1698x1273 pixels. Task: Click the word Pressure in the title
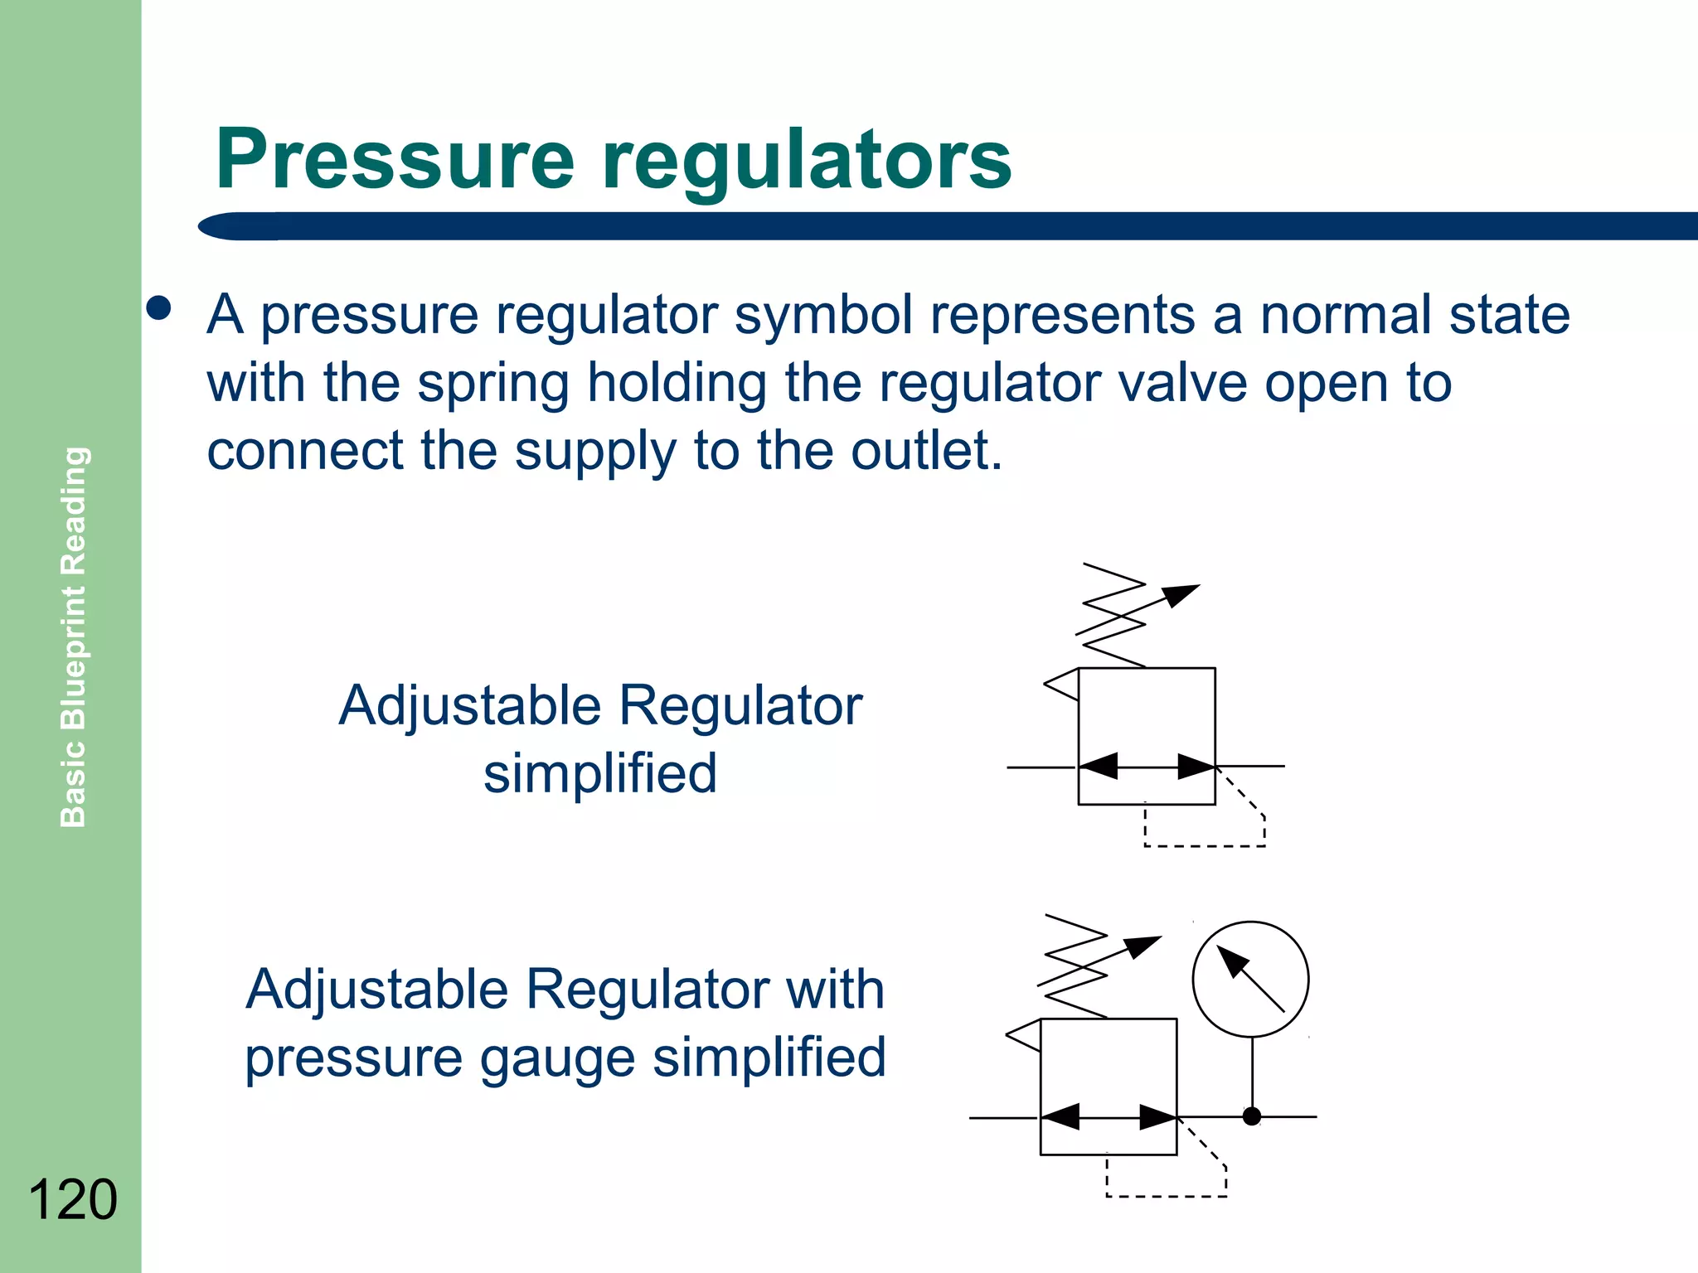coord(394,159)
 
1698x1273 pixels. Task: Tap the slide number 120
coord(73,1199)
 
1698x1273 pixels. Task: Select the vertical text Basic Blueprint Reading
coord(74,636)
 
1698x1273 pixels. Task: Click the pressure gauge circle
coord(1250,979)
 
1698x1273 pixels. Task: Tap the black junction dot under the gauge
coord(1252,1116)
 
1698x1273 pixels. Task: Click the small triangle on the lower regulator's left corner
coord(1025,1034)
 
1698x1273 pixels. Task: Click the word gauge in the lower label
coord(559,1059)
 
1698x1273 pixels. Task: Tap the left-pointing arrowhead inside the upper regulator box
coord(1099,766)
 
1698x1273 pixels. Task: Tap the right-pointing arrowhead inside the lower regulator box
coord(1157,1117)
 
